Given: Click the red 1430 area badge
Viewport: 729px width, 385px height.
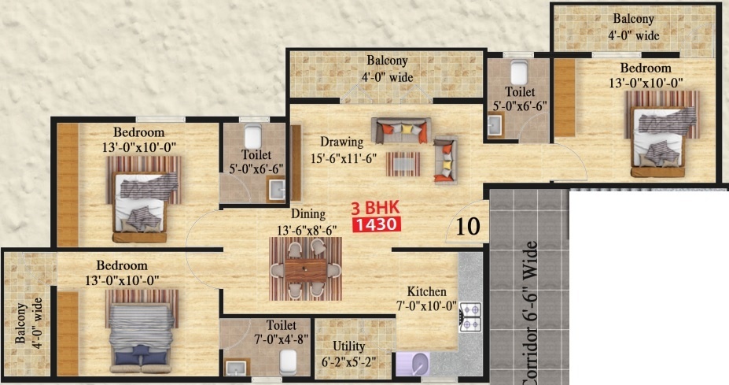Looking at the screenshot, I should pos(378,224).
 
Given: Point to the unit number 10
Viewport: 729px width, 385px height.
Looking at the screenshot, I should pos(468,227).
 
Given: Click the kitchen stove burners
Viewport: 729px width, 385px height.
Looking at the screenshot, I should pos(469,316).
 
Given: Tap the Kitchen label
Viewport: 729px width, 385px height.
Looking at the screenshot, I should pos(427,291).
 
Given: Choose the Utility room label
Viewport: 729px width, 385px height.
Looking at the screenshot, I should pos(348,345).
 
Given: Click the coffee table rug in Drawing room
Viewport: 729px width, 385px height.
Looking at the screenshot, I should pos(403,164).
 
